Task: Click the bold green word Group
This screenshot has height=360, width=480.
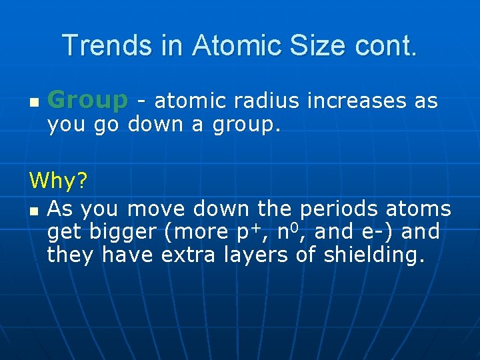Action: [87, 101]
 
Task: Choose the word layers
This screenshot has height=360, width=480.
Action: [262, 254]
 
